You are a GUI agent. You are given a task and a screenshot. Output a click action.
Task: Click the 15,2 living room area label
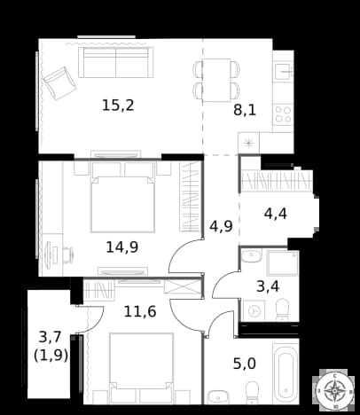click(118, 106)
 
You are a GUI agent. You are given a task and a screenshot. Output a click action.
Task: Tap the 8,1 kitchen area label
click(245, 110)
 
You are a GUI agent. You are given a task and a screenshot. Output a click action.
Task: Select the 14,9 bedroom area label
click(122, 247)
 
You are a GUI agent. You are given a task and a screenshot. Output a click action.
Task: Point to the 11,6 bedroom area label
click(140, 311)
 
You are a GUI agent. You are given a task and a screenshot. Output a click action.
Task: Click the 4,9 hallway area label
click(221, 226)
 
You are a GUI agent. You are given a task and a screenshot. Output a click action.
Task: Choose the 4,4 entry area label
click(276, 214)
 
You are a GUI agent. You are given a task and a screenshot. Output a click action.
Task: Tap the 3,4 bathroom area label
click(268, 286)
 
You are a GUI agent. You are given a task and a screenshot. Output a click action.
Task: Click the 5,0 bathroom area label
click(245, 364)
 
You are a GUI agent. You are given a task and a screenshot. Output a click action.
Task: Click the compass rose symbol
click(334, 390)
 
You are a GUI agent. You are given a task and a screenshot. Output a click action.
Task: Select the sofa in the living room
click(116, 62)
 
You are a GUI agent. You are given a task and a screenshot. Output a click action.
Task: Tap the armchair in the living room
click(59, 83)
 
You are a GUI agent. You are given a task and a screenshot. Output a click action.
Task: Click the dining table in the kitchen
click(216, 80)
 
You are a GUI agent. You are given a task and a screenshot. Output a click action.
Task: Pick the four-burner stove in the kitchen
click(283, 114)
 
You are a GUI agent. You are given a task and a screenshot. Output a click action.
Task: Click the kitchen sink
click(283, 71)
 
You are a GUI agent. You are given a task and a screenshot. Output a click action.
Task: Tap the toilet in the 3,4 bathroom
click(281, 309)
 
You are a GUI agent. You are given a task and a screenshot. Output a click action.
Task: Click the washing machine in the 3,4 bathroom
click(254, 310)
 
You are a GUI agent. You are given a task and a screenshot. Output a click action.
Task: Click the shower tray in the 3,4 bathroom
click(283, 263)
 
